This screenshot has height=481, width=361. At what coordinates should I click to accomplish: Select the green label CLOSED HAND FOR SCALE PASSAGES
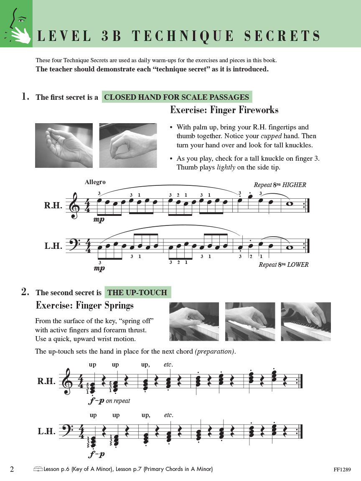176,97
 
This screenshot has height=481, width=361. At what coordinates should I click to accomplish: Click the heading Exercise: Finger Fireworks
224,110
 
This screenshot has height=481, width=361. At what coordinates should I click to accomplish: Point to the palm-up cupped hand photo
64,145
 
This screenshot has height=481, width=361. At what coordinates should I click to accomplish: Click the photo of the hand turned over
128,145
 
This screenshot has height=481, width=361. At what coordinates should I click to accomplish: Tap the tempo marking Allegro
95,182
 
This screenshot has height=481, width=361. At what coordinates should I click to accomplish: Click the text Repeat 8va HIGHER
280,185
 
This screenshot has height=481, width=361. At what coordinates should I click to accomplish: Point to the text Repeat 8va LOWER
283,265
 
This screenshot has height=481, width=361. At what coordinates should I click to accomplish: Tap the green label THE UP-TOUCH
137,293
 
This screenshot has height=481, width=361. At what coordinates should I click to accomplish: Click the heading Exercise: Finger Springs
85,306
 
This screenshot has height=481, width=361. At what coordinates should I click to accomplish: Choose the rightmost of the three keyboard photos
305,322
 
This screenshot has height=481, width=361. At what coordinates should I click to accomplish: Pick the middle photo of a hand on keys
250,322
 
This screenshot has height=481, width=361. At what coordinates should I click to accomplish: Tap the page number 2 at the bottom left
12,469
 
